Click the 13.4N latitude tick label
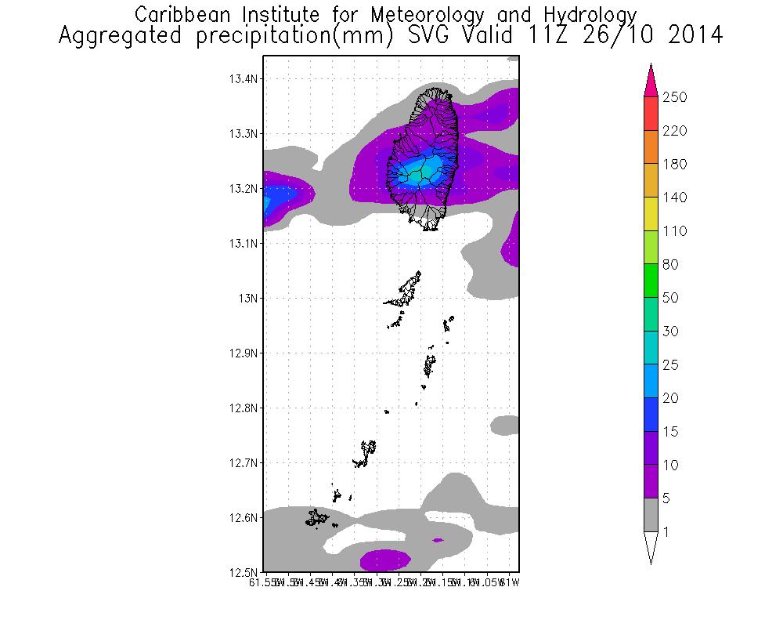[243, 79]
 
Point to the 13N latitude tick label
[247, 299]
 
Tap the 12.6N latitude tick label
[243, 518]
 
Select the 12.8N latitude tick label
[243, 408]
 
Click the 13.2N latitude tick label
[243, 189]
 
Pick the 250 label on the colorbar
[675, 97]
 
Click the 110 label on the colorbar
[675, 231]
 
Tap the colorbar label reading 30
[672, 332]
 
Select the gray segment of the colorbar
[651, 516]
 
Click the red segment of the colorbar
[651, 114]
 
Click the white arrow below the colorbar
[651, 547]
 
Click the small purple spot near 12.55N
[437, 539]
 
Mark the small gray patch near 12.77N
[505, 425]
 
